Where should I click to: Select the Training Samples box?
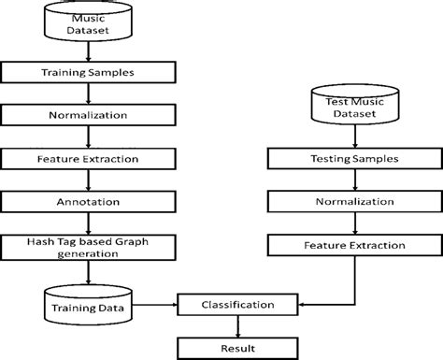tap(86, 71)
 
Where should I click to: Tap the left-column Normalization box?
tap(86, 116)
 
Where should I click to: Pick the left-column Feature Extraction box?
tap(86, 160)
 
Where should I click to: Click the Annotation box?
tap(86, 202)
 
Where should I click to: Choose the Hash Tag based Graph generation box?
tap(86, 248)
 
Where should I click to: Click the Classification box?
tap(238, 304)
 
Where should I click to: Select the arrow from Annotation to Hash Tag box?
tap(86, 224)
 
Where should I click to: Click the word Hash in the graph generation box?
tap(35, 241)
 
